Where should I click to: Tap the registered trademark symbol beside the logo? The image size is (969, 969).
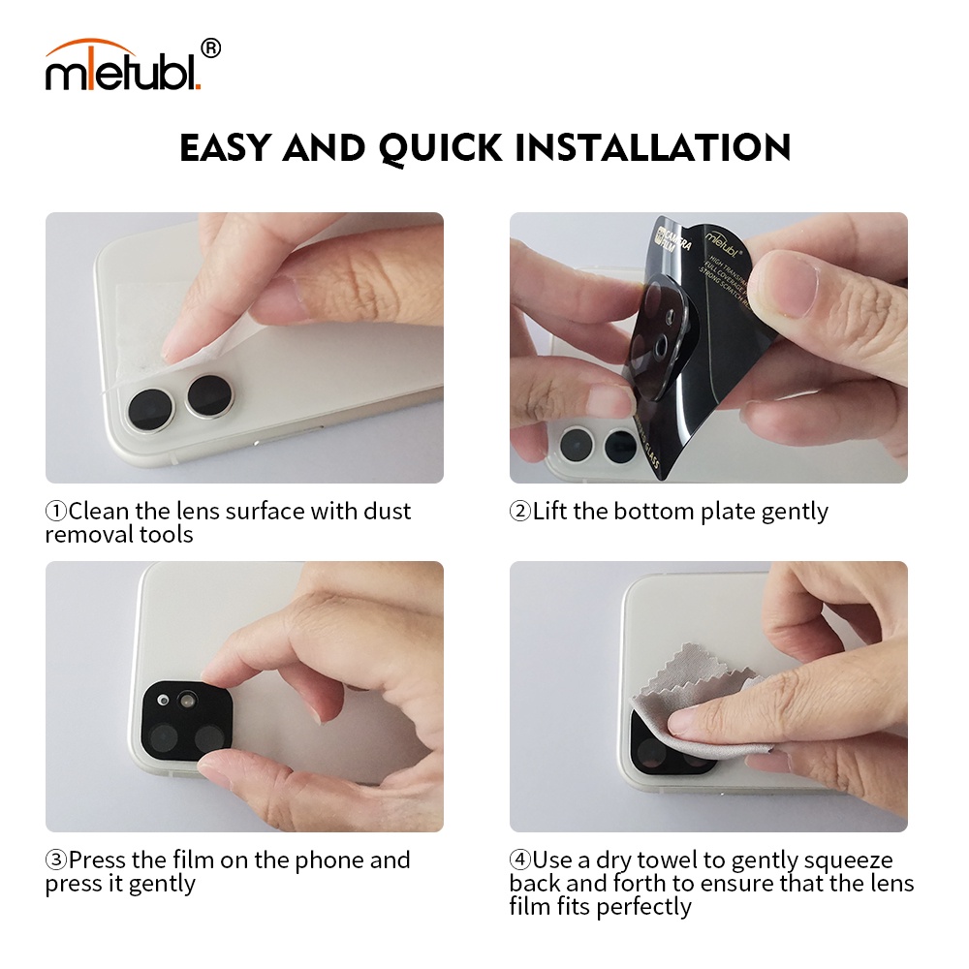[x=211, y=47]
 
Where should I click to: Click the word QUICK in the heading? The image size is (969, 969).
[x=441, y=148]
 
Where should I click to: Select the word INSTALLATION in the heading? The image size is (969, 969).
[x=652, y=148]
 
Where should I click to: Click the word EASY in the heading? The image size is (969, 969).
[x=228, y=148]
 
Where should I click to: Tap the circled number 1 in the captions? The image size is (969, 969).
[x=56, y=512]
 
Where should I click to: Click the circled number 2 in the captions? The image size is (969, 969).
[x=520, y=512]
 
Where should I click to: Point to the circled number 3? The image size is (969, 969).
[x=56, y=860]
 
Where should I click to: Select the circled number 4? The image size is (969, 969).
[x=520, y=860]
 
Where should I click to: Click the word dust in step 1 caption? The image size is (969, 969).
[x=387, y=512]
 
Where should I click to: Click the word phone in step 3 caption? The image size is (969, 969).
[x=328, y=860]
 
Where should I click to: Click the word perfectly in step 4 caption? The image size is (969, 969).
[x=644, y=907]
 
